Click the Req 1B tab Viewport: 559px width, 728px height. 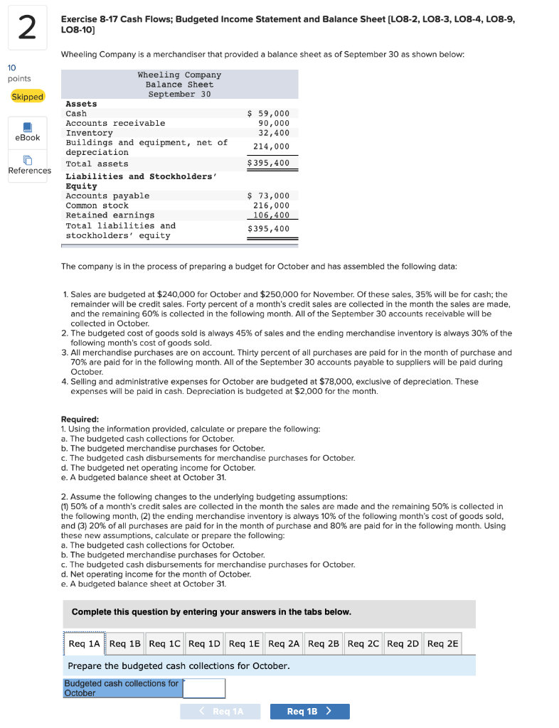point(125,643)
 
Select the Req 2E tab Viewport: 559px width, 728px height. point(442,643)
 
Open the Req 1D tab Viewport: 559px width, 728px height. point(204,643)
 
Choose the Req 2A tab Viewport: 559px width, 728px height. point(284,643)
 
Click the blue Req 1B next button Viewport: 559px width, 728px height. point(309,712)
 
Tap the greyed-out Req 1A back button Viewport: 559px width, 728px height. point(220,712)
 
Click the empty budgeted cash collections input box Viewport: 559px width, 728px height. point(204,688)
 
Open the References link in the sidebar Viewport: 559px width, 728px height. point(29,165)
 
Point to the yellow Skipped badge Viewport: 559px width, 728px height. point(28,97)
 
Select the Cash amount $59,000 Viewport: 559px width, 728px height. point(268,114)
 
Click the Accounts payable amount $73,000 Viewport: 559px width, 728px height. point(268,196)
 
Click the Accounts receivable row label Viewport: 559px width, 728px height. point(115,123)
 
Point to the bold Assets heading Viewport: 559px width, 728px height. point(81,104)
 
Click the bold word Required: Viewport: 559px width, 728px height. point(80,419)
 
